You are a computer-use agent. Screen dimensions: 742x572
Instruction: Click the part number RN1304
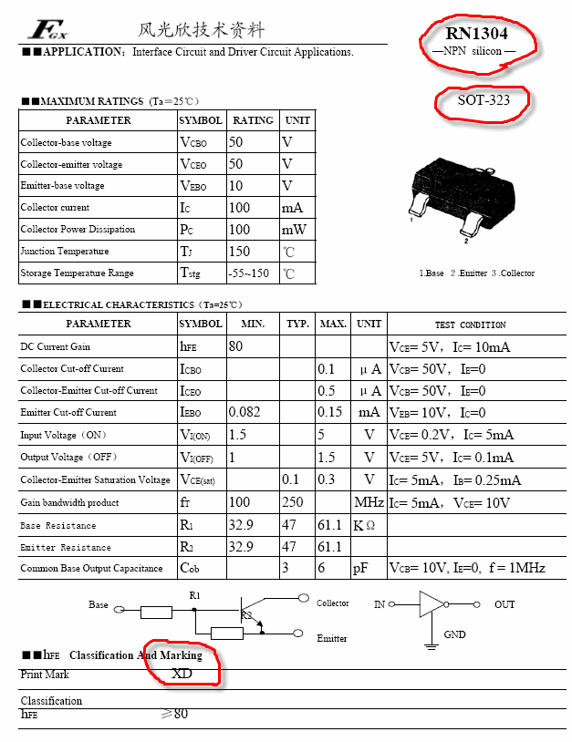pyautogui.click(x=478, y=35)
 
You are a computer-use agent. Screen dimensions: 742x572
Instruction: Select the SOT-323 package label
pyautogui.click(x=484, y=100)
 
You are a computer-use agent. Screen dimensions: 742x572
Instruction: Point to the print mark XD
pyautogui.click(x=182, y=674)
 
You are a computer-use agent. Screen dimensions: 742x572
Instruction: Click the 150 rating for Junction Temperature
pyautogui.click(x=239, y=252)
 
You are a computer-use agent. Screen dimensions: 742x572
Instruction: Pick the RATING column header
pyautogui.click(x=253, y=120)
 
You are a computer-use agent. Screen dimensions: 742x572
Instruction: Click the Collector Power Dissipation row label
pyautogui.click(x=78, y=230)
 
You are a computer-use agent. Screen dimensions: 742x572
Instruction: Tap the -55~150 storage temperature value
pyautogui.click(x=249, y=273)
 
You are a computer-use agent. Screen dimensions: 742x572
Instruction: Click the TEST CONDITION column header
pyautogui.click(x=470, y=325)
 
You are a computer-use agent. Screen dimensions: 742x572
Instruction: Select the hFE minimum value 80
pyautogui.click(x=236, y=346)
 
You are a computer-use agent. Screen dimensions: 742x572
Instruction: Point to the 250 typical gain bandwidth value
pyautogui.click(x=293, y=502)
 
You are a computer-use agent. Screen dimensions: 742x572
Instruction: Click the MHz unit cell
pyautogui.click(x=369, y=503)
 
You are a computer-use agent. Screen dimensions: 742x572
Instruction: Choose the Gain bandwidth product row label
pyautogui.click(x=70, y=503)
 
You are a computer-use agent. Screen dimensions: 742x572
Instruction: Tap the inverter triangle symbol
pyautogui.click(x=431, y=603)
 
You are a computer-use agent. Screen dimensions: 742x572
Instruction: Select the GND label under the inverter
pyautogui.click(x=454, y=634)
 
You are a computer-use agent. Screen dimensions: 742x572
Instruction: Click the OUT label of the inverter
pyautogui.click(x=504, y=604)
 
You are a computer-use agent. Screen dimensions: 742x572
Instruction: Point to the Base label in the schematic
pyautogui.click(x=99, y=604)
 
